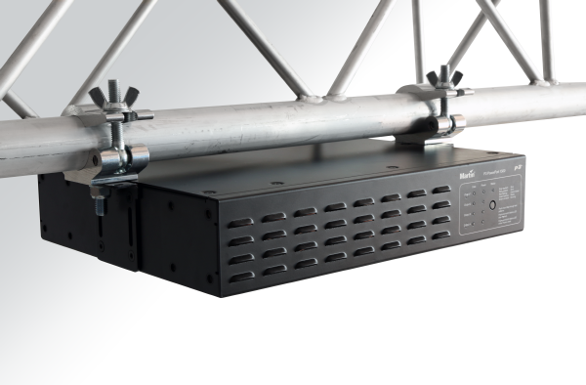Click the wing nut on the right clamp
pos(444,77)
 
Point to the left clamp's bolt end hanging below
pos(99,206)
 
